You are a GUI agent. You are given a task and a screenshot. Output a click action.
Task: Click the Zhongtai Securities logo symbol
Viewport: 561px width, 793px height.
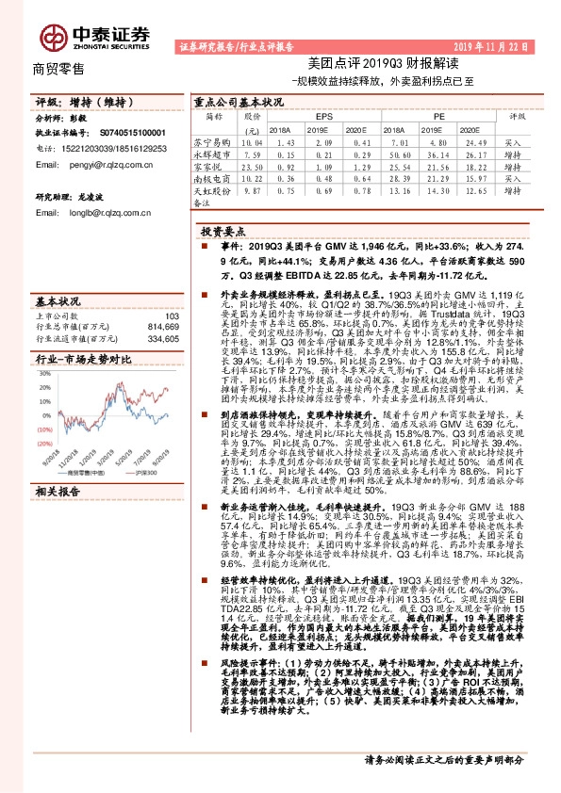click(52, 35)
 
